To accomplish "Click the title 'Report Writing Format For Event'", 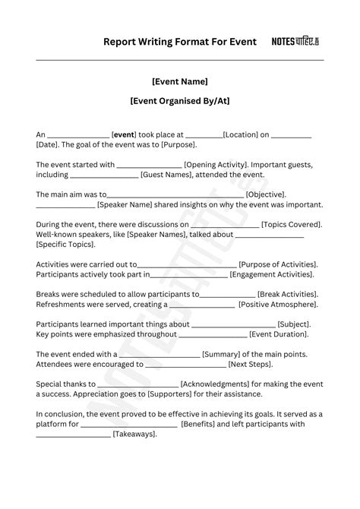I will (x=180, y=42).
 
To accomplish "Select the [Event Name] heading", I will (x=180, y=81).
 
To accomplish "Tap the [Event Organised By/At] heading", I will (x=180, y=100).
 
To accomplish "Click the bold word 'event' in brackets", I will (x=125, y=134).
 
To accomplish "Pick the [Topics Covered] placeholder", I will (x=291, y=225).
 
